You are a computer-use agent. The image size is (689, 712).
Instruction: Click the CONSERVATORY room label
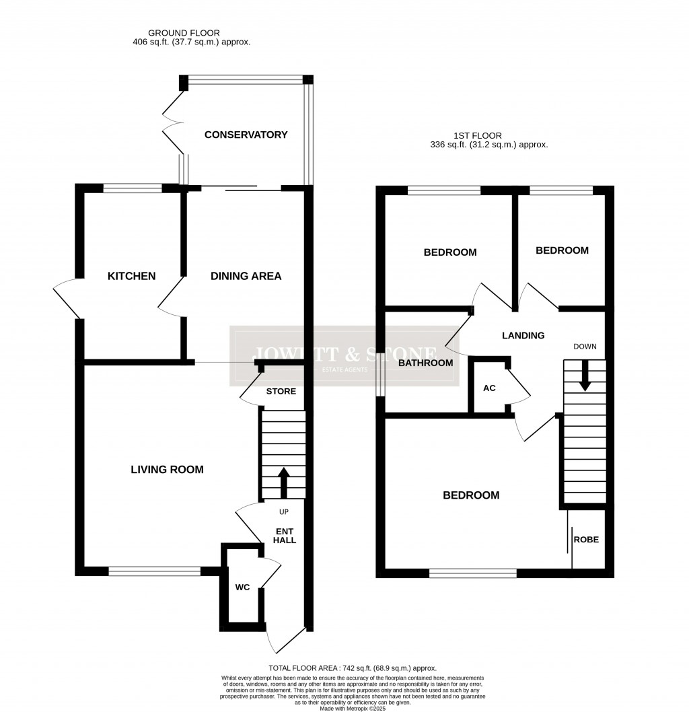[x=246, y=135]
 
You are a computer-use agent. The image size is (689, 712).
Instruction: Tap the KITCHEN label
[x=132, y=276]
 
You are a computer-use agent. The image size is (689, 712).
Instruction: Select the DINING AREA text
[x=246, y=276]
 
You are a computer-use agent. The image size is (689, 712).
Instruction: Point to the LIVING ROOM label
[x=167, y=469]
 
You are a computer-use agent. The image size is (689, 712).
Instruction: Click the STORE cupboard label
[x=281, y=391]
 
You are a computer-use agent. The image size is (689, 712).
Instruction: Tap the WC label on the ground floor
[x=242, y=588]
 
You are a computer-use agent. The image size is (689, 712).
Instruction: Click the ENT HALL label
[x=285, y=535]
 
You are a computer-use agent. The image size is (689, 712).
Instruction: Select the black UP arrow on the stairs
[x=283, y=481]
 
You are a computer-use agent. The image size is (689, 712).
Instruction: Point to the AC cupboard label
[x=490, y=388]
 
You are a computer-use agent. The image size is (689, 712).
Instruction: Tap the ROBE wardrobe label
[x=585, y=539]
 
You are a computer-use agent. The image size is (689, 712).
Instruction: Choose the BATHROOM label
[x=425, y=363]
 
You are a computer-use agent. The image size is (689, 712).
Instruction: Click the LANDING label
[x=523, y=335]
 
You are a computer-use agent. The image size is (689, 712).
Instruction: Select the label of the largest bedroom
[x=471, y=495]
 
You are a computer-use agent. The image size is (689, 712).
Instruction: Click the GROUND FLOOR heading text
[x=184, y=32]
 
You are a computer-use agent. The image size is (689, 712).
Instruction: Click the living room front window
[x=154, y=571]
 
